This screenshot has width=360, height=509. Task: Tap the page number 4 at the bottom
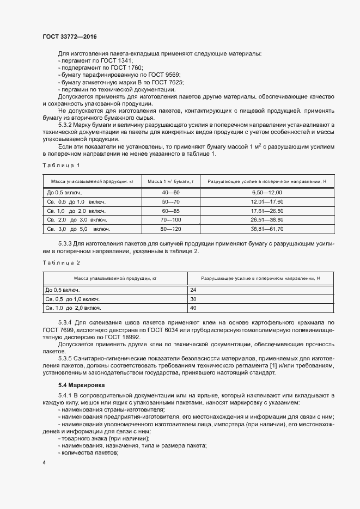click(44, 462)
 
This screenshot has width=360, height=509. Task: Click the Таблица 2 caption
click(61, 262)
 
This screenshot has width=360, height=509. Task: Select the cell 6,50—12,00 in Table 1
click(267, 192)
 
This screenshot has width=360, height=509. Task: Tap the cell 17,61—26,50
click(267, 211)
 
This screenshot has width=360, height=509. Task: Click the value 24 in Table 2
click(193, 290)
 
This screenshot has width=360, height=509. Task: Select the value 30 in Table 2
click(193, 299)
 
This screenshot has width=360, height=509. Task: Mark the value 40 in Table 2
click(193, 308)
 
